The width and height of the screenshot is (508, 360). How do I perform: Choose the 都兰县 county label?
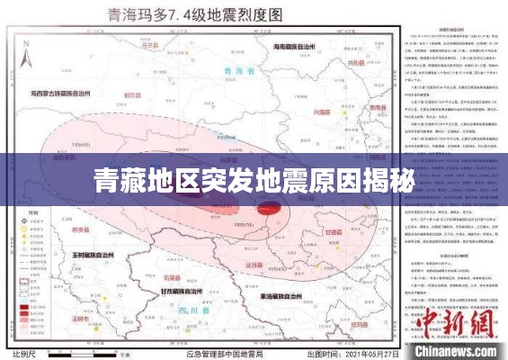pos(133,94)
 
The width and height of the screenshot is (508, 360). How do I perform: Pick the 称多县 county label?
pos(82,229)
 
